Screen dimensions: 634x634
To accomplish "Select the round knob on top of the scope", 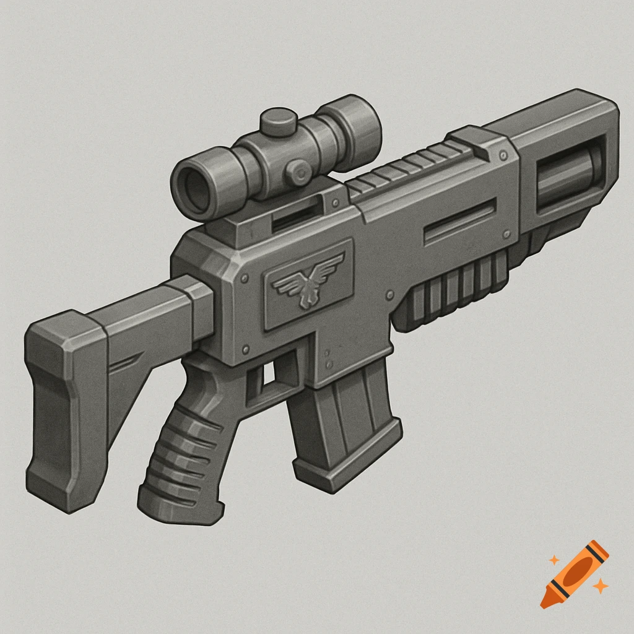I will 278,121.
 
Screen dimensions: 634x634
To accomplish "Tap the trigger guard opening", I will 267,373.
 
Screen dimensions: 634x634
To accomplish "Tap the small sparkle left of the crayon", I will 554,560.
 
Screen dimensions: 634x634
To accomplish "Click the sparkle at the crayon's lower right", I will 599,585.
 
